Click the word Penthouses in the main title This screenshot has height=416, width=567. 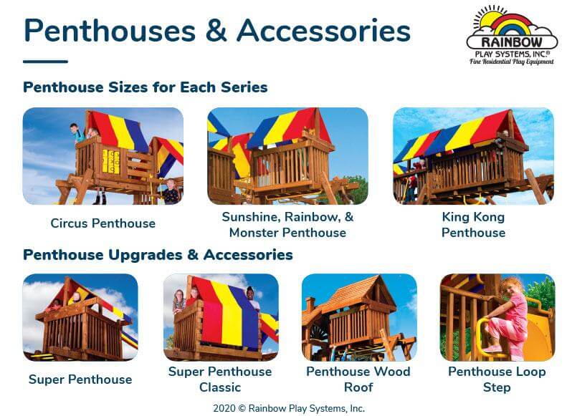click(x=110, y=31)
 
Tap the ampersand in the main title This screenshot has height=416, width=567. click(x=216, y=31)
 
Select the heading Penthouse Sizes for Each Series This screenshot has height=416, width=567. click(x=145, y=87)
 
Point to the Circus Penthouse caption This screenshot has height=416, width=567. click(x=103, y=223)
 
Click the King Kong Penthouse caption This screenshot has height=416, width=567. click(x=473, y=225)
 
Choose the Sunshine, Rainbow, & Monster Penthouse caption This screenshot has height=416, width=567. click(x=287, y=225)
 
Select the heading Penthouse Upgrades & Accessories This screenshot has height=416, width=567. click(x=158, y=255)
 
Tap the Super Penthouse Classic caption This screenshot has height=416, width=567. click(x=220, y=379)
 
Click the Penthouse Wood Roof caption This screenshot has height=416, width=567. click(x=358, y=379)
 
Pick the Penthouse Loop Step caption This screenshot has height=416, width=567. click(x=497, y=379)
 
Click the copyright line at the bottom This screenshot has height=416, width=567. click(x=289, y=408)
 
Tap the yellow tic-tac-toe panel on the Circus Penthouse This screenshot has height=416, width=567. click(x=110, y=161)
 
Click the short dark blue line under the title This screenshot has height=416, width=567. click(x=46, y=62)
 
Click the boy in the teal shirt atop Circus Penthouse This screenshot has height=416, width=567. click(x=77, y=133)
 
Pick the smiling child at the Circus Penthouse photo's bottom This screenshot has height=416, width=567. click(x=170, y=190)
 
